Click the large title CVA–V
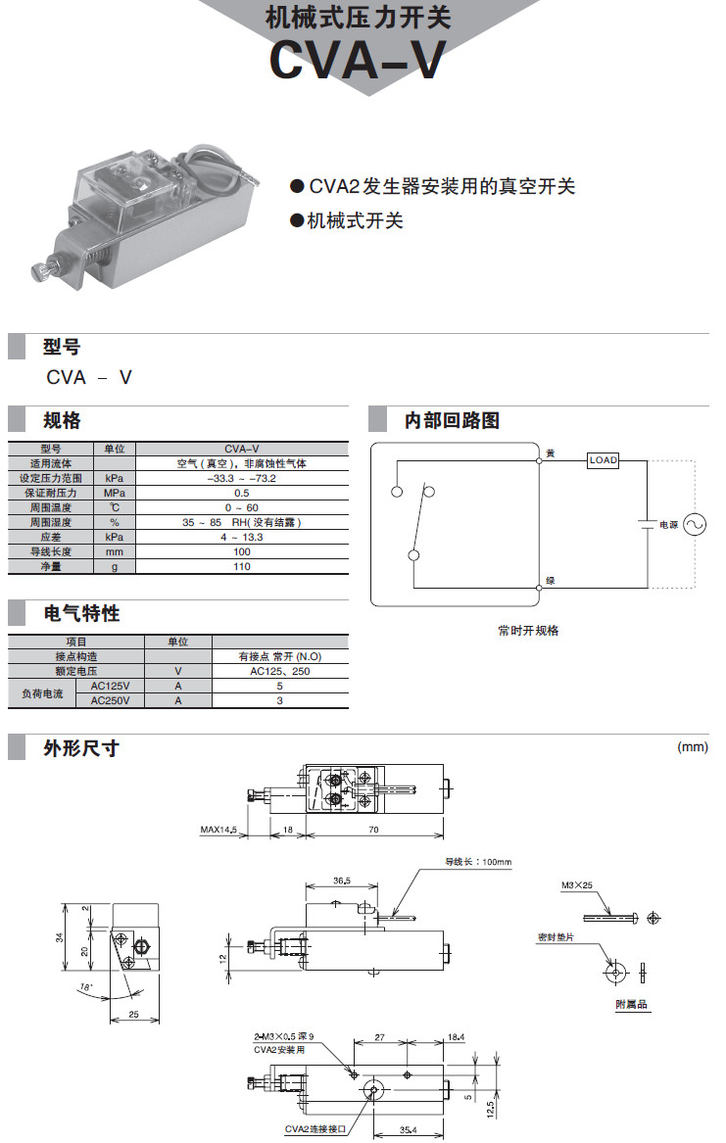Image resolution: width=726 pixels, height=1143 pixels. click(358, 61)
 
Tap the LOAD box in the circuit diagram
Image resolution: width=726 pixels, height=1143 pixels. click(603, 459)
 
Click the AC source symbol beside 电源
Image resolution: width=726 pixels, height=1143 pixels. click(695, 524)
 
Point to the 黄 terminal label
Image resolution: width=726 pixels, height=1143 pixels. click(551, 453)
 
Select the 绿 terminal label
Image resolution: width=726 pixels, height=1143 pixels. click(551, 581)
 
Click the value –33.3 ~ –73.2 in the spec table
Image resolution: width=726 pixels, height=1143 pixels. click(242, 478)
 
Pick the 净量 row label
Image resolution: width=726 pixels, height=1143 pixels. click(51, 566)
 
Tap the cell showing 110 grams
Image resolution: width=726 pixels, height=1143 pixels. click(242, 566)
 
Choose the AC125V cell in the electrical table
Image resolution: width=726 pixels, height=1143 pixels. click(110, 686)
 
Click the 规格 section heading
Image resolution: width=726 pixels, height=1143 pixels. click(62, 420)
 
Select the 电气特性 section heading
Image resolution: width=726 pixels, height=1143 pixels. click(81, 613)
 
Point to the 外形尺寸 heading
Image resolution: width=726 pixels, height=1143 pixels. click(81, 748)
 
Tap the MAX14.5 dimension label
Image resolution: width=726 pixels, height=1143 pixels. click(219, 830)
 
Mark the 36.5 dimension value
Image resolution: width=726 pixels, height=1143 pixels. click(342, 881)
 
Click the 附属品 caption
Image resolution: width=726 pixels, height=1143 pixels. click(631, 1004)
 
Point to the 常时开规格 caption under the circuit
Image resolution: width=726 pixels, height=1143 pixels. click(528, 631)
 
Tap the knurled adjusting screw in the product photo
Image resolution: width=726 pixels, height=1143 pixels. click(41, 267)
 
